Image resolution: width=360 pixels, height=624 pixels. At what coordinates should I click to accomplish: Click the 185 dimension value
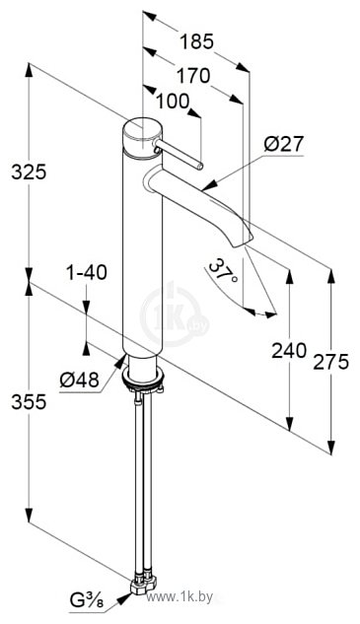196,41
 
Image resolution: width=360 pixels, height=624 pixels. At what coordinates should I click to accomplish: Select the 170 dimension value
193,76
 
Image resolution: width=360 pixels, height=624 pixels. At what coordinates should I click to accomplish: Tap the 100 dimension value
172,102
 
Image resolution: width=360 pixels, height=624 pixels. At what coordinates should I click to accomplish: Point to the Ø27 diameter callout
284,144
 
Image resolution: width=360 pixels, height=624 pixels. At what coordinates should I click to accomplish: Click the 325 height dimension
29,172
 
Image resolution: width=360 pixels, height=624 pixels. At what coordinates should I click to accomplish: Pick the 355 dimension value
29,402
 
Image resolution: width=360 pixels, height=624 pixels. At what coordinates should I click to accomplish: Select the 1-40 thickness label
87,273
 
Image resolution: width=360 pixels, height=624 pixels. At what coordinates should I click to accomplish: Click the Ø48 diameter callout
79,381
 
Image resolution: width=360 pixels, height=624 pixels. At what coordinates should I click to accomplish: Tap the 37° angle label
223,272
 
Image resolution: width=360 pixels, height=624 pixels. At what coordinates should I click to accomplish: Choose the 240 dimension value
289,351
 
